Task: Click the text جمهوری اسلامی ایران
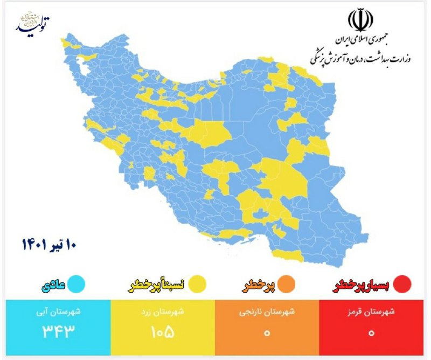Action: tap(360, 40)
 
